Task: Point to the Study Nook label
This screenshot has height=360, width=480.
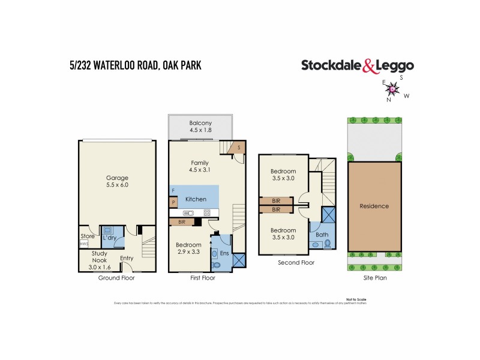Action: (x=99, y=256)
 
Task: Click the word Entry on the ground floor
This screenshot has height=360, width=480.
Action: (x=127, y=258)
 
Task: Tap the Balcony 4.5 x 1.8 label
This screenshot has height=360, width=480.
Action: (x=200, y=127)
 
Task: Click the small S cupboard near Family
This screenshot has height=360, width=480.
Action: (x=239, y=147)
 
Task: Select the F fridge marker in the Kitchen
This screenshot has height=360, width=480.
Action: (x=173, y=191)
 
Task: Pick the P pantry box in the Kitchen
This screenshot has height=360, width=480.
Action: (x=173, y=203)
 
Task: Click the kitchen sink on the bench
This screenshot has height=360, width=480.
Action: (x=187, y=212)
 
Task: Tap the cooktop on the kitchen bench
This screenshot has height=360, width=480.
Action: (x=207, y=212)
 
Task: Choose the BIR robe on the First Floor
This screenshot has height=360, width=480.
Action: (x=181, y=222)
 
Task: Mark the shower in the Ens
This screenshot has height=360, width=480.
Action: (x=238, y=260)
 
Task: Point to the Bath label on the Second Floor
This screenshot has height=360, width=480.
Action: (x=322, y=235)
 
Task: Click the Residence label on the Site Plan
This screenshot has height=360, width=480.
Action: (x=374, y=206)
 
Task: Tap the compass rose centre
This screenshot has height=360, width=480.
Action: (x=392, y=89)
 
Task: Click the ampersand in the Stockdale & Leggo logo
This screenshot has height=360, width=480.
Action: (x=368, y=67)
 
